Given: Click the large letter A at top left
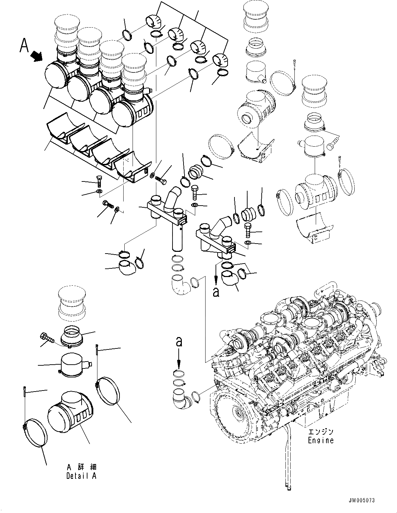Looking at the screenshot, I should tap(24, 46).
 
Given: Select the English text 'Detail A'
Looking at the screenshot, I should tap(82, 476).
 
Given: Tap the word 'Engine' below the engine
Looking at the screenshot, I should tap(321, 440).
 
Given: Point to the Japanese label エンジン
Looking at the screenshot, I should tap(321, 432).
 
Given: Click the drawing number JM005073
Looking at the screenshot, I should tap(361, 500).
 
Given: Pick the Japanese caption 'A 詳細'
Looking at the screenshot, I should tap(82, 467).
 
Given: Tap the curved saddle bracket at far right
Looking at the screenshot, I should tap(315, 228).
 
